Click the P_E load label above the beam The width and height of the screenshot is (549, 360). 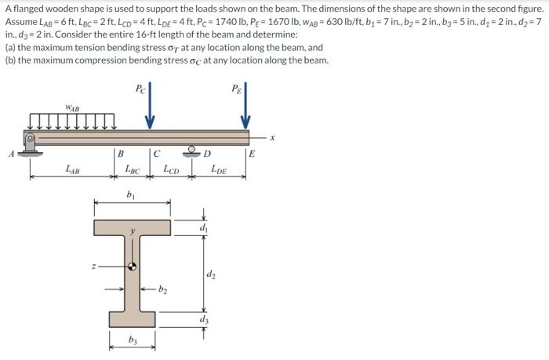(x=236, y=87)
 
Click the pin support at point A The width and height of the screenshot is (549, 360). (x=31, y=144)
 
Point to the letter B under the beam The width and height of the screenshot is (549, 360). (x=120, y=154)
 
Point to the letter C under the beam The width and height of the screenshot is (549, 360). (x=157, y=154)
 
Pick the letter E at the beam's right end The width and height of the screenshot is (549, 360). (x=251, y=155)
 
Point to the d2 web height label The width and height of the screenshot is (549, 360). (x=211, y=274)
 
